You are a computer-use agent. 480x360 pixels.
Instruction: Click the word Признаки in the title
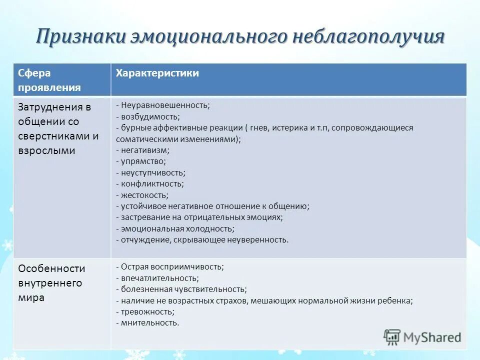(80, 38)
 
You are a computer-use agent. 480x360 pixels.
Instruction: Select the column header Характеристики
(157, 73)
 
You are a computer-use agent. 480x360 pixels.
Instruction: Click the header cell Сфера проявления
(49, 80)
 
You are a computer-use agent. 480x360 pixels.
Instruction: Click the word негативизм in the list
(145, 149)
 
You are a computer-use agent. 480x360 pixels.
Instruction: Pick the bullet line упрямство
(143, 161)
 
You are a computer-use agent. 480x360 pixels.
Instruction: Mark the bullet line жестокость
(144, 195)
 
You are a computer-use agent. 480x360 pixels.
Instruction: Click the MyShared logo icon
(392, 336)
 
